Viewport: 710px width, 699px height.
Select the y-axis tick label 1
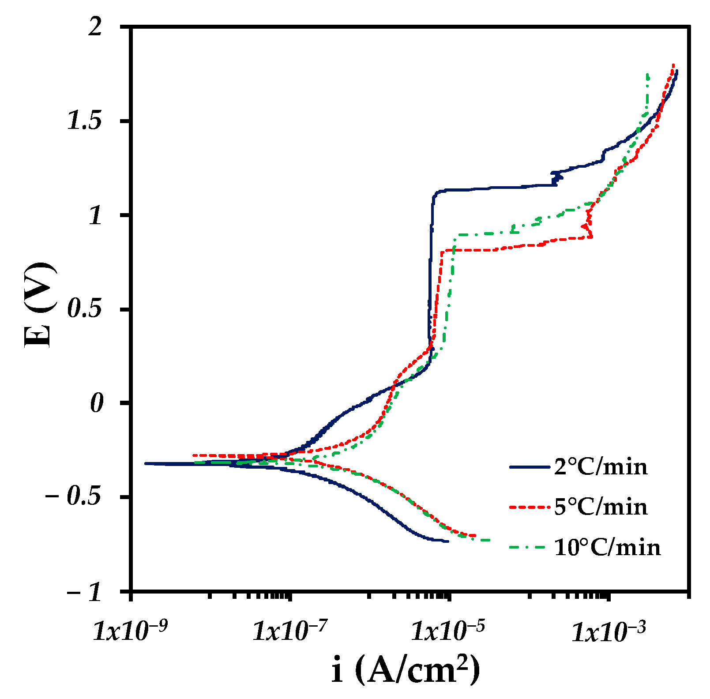pos(96,216)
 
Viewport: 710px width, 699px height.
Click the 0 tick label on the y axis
pos(97,404)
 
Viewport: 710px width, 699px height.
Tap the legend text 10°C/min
pos(607,548)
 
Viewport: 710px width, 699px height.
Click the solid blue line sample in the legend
pos(530,467)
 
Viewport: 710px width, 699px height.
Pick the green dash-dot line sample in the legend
pos(530,548)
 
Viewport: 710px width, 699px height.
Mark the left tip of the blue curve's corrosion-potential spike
pos(146,463)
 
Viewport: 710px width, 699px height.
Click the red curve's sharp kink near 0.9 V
pos(592,237)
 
